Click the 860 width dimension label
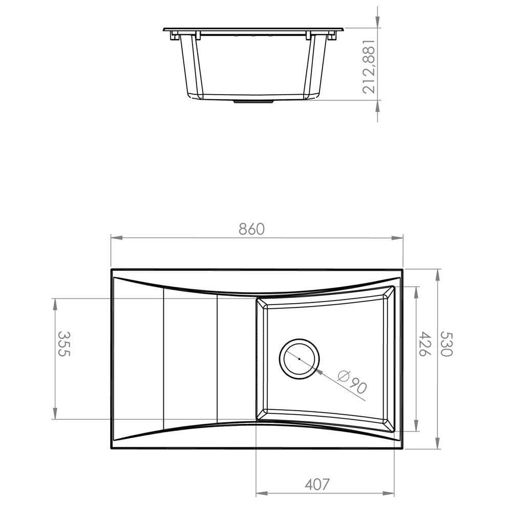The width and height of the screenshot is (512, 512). (x=251, y=229)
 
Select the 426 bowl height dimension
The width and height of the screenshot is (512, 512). (x=424, y=344)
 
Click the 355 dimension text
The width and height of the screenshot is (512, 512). (x=63, y=344)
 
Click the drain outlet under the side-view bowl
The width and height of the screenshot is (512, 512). (x=253, y=101)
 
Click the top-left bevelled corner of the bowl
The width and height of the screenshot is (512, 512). (x=260, y=303)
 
